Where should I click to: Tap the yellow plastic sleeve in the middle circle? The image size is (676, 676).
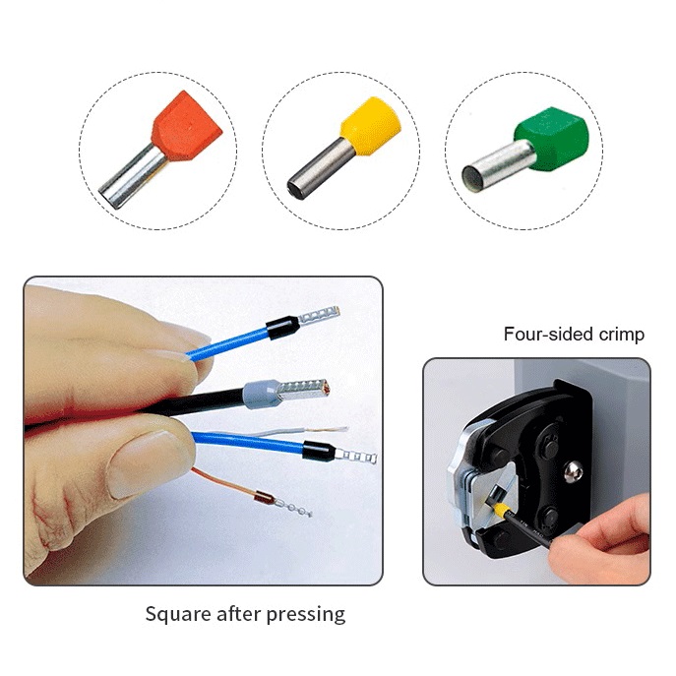(x=371, y=125)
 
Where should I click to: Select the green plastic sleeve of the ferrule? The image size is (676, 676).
(x=551, y=139)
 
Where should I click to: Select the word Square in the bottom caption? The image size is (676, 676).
(x=178, y=614)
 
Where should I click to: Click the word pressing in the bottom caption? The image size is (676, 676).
(x=306, y=615)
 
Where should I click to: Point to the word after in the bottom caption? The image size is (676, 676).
(x=239, y=613)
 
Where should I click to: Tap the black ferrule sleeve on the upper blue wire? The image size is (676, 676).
(x=282, y=328)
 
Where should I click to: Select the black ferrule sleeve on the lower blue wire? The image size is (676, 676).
(x=319, y=451)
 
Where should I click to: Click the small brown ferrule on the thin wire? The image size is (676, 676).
(x=264, y=499)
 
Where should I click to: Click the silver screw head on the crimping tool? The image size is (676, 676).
(x=574, y=472)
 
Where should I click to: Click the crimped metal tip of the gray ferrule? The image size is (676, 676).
(x=305, y=388)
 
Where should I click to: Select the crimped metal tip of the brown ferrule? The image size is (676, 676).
(x=292, y=507)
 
